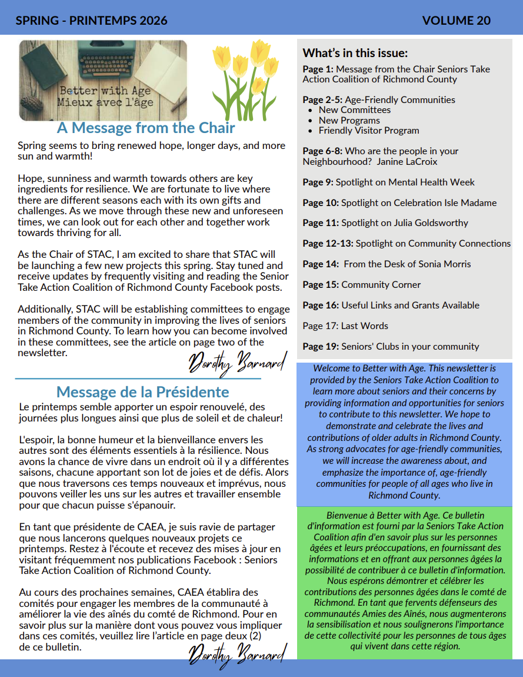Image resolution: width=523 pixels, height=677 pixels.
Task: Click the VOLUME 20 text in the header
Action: (x=456, y=21)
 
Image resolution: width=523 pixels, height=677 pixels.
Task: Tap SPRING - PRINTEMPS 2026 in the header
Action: (x=91, y=21)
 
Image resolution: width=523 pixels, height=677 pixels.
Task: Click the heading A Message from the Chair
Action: (x=146, y=128)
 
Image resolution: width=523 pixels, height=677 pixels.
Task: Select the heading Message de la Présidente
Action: (x=142, y=392)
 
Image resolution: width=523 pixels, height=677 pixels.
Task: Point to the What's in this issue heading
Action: (x=355, y=53)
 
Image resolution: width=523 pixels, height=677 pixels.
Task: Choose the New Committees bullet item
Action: (x=354, y=110)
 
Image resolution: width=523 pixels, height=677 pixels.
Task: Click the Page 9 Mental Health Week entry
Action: (x=388, y=182)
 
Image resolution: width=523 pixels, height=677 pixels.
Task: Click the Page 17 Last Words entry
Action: (x=345, y=326)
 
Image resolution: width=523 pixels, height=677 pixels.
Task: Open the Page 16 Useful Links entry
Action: (x=391, y=306)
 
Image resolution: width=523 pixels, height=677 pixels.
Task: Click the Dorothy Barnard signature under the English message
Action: (x=237, y=361)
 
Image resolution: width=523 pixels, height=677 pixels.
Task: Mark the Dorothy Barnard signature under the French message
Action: (x=237, y=652)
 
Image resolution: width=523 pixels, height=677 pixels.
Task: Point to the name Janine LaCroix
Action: (x=407, y=161)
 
